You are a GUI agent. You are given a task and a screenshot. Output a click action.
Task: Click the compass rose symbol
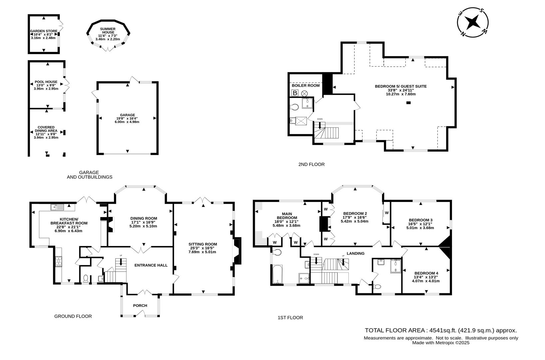click(473, 22)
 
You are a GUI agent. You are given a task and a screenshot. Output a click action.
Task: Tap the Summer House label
click(108, 31)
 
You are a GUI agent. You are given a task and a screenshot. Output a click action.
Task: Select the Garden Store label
click(44, 31)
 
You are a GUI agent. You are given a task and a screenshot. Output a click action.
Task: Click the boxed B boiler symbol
click(294, 93)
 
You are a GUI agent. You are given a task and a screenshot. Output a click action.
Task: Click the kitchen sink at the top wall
click(58, 207)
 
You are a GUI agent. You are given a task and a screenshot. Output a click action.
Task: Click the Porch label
click(140, 305)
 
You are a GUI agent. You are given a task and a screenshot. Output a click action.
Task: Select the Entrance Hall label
click(151, 265)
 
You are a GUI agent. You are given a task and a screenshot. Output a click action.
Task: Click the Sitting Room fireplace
click(237, 251)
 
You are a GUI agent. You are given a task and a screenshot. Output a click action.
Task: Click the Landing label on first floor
click(355, 253)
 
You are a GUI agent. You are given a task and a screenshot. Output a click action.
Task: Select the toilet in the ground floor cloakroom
click(86, 278)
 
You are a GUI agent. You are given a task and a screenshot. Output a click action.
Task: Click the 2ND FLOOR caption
click(311, 164)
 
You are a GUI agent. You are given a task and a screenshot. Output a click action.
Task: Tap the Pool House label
click(46, 82)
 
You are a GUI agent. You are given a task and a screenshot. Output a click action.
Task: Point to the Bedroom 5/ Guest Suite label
click(400, 86)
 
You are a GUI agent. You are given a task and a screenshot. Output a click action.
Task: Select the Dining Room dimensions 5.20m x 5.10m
click(143, 226)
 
